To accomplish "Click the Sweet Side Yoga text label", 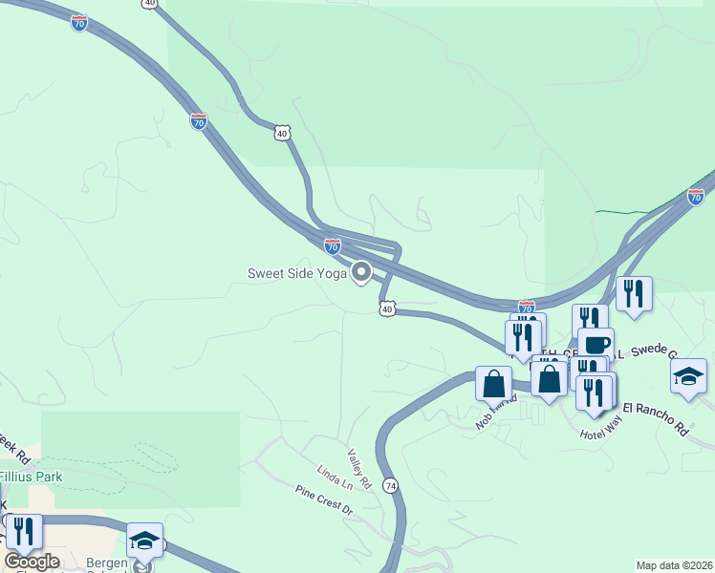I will click(x=296, y=274).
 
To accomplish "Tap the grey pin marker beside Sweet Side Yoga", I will click(x=361, y=273).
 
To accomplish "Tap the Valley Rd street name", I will click(x=357, y=464).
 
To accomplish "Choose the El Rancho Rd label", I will click(x=655, y=418).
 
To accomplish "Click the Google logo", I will click(x=32, y=561).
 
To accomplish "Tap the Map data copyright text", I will click(x=674, y=565).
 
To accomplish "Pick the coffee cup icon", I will click(x=596, y=343).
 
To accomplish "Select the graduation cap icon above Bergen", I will click(x=144, y=540).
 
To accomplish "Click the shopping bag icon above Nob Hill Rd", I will click(x=494, y=383).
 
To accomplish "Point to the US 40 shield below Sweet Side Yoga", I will click(x=386, y=308).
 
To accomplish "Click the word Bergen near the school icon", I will click(x=107, y=563).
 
